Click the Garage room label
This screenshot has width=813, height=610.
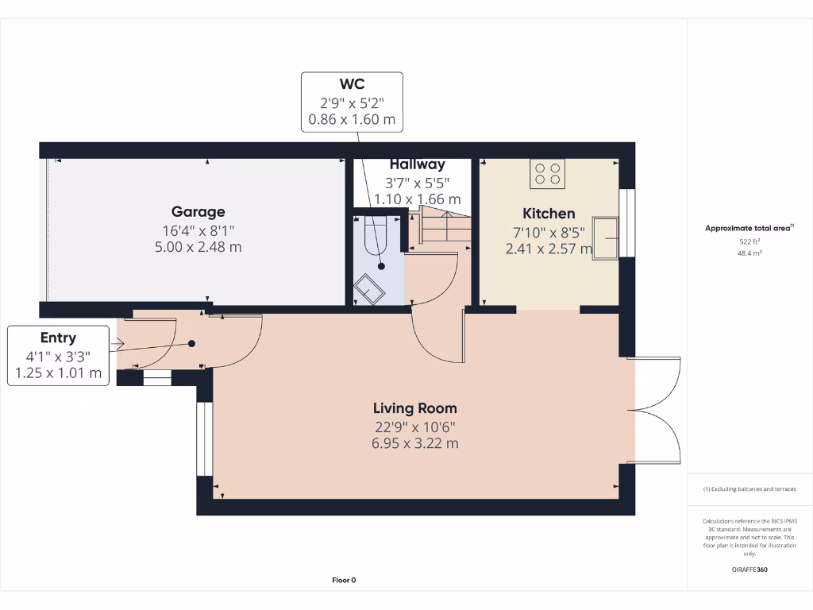click(198, 212)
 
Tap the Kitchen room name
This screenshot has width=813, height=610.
click(549, 214)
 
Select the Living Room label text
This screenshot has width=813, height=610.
click(415, 408)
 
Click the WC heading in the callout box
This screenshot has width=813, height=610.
click(352, 84)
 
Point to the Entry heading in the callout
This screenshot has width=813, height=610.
click(58, 338)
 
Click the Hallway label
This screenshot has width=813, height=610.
click(417, 164)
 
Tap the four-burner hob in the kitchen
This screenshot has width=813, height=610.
click(547, 173)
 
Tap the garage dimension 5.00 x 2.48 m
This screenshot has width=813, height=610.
click(198, 247)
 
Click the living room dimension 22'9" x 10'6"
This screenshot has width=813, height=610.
click(415, 427)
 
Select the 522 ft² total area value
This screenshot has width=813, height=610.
click(749, 241)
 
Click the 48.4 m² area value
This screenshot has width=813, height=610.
click(749, 253)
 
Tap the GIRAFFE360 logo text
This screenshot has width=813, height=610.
click(749, 569)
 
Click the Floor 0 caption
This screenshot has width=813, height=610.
click(344, 580)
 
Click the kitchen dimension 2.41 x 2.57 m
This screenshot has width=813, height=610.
click(549, 249)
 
